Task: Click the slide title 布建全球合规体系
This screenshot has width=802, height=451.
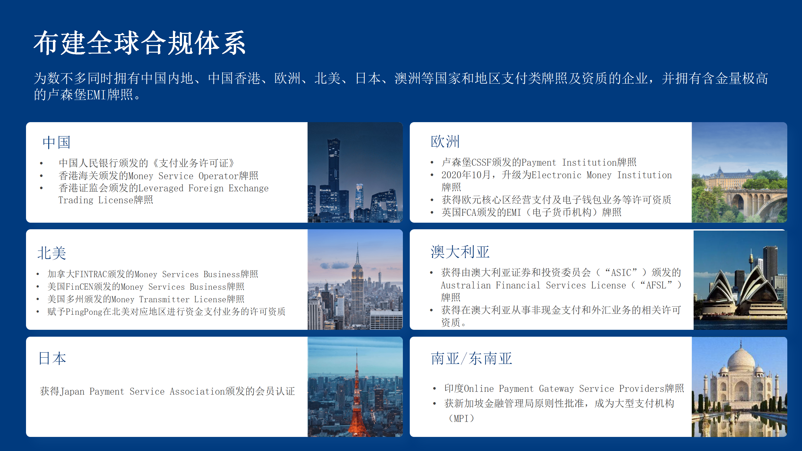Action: click(x=140, y=43)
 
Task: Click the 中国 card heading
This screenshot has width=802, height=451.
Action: click(x=56, y=143)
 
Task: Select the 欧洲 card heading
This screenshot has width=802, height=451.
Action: click(x=445, y=142)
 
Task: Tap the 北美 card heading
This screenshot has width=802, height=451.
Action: click(x=52, y=253)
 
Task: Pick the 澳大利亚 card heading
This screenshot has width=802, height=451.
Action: click(x=460, y=252)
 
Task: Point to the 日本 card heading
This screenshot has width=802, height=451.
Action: click(x=52, y=358)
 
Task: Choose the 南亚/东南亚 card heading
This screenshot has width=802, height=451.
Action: click(x=471, y=358)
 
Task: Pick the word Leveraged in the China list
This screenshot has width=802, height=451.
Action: click(x=161, y=188)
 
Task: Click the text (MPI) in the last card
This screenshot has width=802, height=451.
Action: click(x=461, y=418)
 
